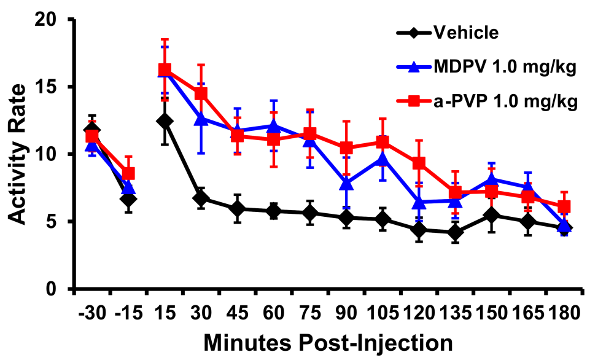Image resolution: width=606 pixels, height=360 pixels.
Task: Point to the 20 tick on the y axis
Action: (45, 20)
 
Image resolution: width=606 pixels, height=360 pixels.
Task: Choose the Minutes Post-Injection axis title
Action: (328, 342)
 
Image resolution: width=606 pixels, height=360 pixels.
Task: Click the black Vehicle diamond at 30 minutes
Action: (201, 198)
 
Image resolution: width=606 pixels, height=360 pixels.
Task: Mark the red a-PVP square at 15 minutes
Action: (165, 70)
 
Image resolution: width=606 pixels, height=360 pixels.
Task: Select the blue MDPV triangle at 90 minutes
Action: (346, 183)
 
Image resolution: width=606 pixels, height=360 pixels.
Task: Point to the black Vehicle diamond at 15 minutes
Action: (165, 121)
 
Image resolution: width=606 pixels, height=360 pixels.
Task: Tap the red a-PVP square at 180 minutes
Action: (564, 207)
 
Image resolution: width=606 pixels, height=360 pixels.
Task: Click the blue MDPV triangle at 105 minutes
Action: (383, 160)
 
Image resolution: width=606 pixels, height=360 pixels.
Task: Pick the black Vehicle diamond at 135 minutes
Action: (455, 232)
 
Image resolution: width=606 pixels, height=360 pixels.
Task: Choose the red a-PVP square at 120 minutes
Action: (419, 163)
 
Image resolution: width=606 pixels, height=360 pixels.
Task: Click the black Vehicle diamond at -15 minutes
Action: (128, 199)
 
